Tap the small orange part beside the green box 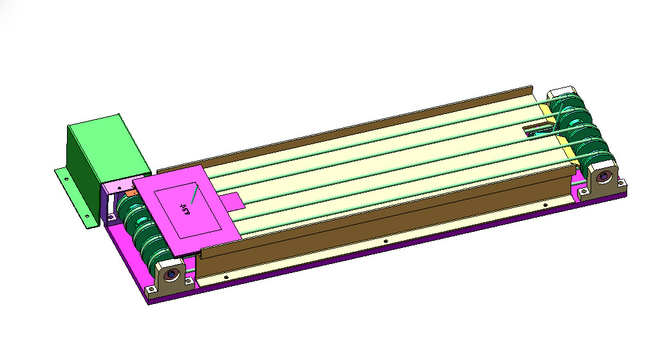tap(131, 191)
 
